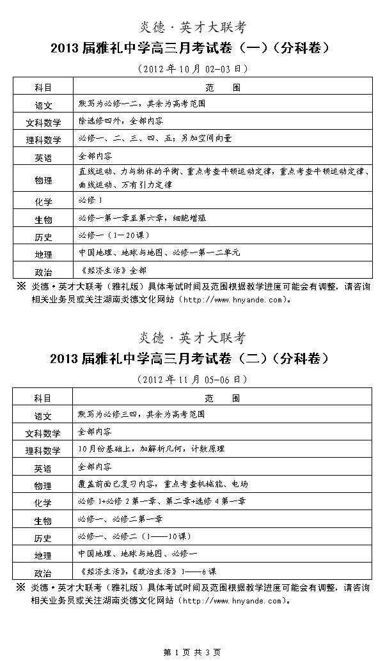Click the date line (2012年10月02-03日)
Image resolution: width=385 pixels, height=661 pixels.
coord(192,68)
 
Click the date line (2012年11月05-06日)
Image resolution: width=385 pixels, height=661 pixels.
coord(192,379)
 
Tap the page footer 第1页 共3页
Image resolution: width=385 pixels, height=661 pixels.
coord(192,652)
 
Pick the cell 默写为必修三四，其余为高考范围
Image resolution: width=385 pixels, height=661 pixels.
coord(141,414)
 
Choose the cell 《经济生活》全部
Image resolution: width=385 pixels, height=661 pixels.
coord(109,270)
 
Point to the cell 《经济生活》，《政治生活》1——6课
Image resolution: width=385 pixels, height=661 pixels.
coord(148,572)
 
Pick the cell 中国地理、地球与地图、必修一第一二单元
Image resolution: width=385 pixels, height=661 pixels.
coord(159,253)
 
